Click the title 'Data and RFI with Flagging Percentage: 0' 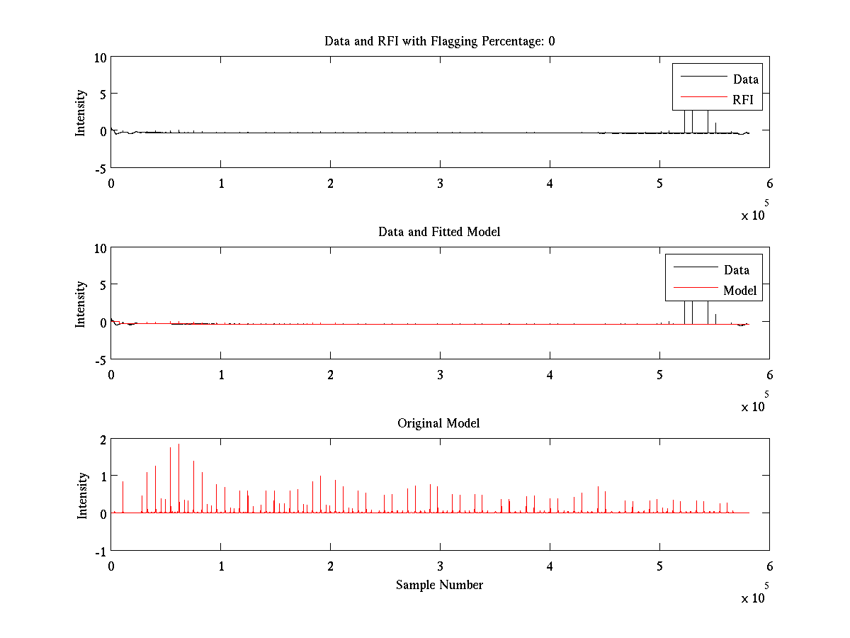(439, 41)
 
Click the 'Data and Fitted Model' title (439, 232)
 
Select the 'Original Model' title (439, 423)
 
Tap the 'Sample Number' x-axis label (439, 585)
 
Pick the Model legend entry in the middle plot (739, 291)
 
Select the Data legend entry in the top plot (745, 79)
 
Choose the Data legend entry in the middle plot (736, 270)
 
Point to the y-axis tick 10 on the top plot (100, 57)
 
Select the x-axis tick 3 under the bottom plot (440, 566)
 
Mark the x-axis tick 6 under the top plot (769, 184)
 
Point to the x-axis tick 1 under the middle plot (221, 375)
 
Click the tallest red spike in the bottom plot (178, 445)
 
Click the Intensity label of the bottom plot (82, 495)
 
